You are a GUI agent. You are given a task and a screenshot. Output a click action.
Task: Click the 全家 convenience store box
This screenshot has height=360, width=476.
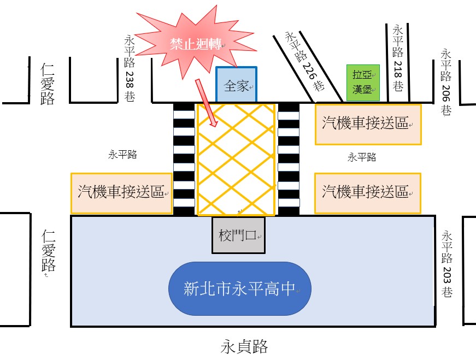(237, 85)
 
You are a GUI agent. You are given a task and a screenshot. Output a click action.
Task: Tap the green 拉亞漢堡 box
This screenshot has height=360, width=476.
(359, 83)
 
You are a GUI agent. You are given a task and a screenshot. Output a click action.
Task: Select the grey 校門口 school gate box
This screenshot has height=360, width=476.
(238, 235)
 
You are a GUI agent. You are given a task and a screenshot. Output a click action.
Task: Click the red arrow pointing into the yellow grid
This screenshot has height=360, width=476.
(207, 104)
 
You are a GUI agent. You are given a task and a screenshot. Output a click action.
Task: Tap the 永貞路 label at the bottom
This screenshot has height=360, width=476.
(245, 346)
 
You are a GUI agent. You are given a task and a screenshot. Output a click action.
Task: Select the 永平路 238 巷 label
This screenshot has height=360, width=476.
(130, 68)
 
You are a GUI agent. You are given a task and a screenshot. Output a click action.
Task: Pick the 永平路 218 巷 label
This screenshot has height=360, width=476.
(398, 57)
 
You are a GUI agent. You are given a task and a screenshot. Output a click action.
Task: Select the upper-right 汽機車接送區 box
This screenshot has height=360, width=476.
(368, 124)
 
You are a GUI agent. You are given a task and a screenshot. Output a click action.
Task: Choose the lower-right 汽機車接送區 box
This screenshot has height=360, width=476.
(368, 192)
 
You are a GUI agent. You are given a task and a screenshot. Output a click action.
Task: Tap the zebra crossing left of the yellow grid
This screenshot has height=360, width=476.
(184, 158)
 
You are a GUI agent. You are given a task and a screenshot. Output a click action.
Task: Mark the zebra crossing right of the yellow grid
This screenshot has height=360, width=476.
(289, 158)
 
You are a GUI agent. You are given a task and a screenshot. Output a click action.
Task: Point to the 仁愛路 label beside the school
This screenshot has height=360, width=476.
(49, 251)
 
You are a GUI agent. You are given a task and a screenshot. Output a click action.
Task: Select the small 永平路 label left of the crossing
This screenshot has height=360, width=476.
(122, 155)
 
